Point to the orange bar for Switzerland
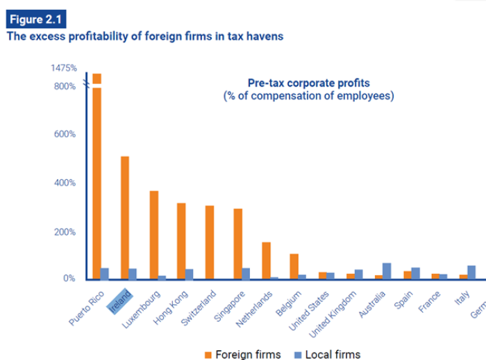click(x=210, y=243)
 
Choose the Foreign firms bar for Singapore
click(x=237, y=244)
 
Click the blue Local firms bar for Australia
click(x=387, y=271)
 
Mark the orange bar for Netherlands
click(x=266, y=261)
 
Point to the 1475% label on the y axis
click(x=63, y=69)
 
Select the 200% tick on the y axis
click(x=65, y=231)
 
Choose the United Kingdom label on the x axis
click(x=335, y=311)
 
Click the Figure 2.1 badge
click(x=33, y=18)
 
